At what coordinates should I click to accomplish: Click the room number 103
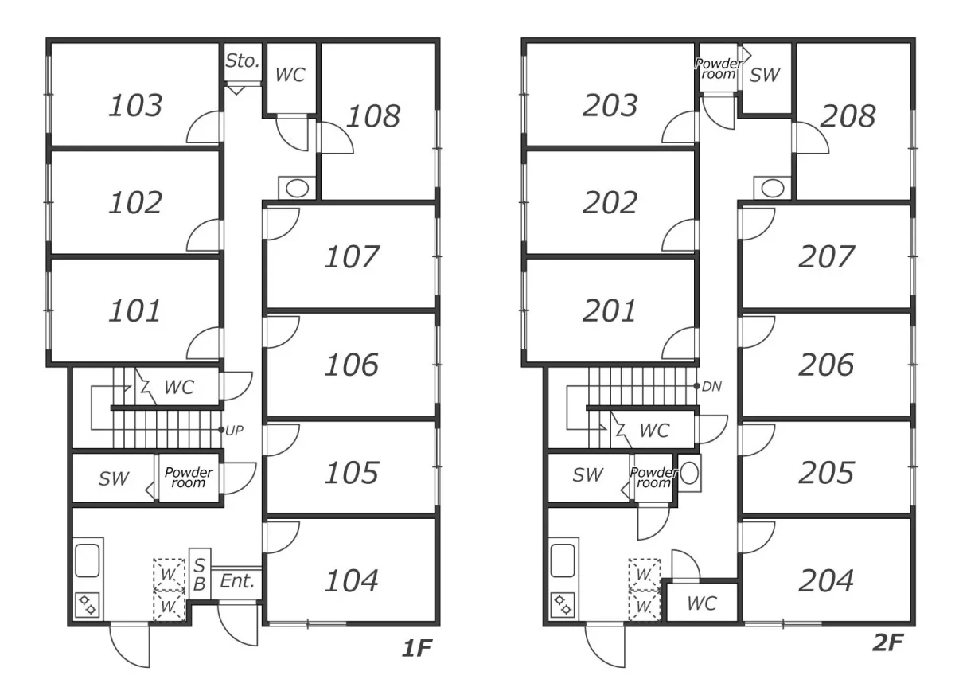tap(135, 105)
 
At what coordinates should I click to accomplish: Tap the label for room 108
tap(373, 116)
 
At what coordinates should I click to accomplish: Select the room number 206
tap(826, 365)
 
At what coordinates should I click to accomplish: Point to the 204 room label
tap(826, 580)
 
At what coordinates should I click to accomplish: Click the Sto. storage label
tap(243, 61)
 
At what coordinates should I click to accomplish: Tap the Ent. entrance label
tap(237, 581)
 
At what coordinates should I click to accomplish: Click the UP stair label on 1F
tap(234, 431)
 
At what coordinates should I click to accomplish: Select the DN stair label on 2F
tap(711, 386)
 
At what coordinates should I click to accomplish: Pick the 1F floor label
tap(417, 648)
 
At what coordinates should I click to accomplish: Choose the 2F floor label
tap(887, 642)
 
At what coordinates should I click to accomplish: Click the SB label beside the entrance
tap(200, 575)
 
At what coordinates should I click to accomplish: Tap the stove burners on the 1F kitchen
tap(88, 605)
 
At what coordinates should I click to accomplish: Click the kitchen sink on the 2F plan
tap(563, 560)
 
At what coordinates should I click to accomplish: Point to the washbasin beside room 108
tap(297, 188)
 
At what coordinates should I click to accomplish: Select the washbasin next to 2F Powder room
tap(689, 474)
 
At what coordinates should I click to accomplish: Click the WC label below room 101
tap(179, 387)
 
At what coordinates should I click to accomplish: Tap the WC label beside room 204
tap(702, 603)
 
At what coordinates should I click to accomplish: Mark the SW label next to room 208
tap(765, 75)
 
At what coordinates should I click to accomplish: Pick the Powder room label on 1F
tap(189, 477)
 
